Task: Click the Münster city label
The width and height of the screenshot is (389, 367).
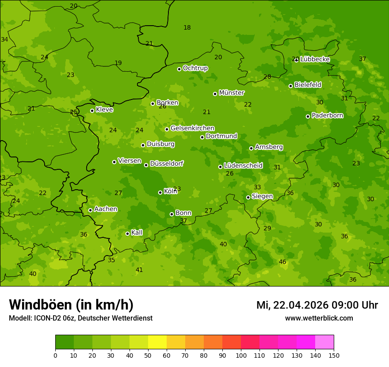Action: click(232, 93)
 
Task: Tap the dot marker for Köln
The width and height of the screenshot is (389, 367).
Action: click(160, 192)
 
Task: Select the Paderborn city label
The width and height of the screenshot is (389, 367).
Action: click(328, 115)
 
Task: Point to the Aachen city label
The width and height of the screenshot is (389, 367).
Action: click(106, 209)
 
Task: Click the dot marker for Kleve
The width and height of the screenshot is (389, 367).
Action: click(92, 111)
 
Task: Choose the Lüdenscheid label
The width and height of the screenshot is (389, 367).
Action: click(243, 166)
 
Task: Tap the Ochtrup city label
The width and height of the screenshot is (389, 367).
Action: click(195, 68)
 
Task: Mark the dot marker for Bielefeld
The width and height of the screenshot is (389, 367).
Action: click(290, 86)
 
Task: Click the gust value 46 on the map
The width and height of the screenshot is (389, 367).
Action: click(282, 262)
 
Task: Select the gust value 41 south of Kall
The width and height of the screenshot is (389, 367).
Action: click(139, 270)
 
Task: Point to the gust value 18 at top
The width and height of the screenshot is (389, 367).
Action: click(187, 28)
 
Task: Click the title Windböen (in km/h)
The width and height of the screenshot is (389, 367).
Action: click(71, 305)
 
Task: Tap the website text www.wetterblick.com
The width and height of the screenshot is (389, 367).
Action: click(319, 318)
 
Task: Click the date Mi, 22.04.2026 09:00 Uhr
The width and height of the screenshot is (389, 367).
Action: click(317, 305)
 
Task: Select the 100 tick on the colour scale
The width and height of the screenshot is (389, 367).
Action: click(241, 355)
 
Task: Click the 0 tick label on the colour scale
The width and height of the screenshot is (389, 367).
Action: click(55, 355)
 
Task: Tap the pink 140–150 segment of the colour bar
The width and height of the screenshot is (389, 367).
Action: click(324, 342)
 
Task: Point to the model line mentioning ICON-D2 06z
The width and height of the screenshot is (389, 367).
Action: click(80, 318)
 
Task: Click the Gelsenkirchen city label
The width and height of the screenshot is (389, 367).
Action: click(192, 128)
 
